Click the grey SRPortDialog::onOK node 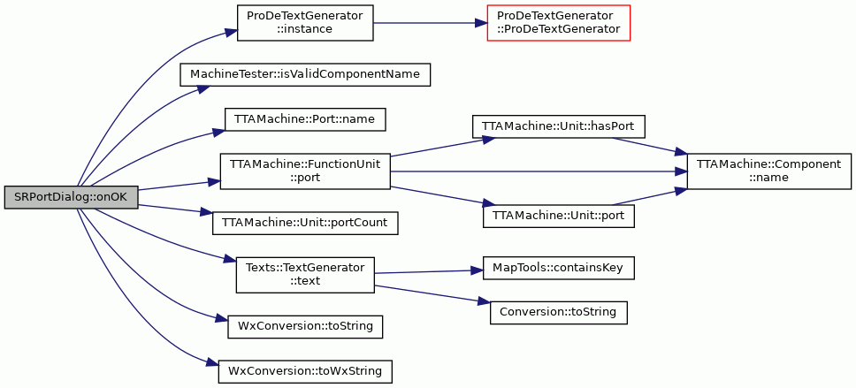[x=71, y=197]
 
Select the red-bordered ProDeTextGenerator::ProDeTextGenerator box [x=559, y=23]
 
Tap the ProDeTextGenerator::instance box [x=304, y=23]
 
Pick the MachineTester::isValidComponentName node [x=305, y=74]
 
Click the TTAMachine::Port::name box [x=305, y=119]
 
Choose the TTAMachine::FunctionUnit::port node [x=304, y=171]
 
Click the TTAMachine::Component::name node [x=768, y=171]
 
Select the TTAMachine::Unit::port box [x=559, y=217]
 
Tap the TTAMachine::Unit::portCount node [x=304, y=224]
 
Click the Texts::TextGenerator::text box [x=304, y=275]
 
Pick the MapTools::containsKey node [x=559, y=269]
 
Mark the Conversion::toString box [x=559, y=313]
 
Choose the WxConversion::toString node [x=304, y=326]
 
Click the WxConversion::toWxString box [x=304, y=371]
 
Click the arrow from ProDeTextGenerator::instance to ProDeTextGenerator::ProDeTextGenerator [x=430, y=23]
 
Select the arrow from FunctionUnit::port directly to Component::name [x=539, y=171]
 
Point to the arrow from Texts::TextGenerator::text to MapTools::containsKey [x=429, y=271]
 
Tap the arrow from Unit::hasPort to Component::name [x=650, y=145]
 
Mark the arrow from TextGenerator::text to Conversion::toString [x=432, y=293]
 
